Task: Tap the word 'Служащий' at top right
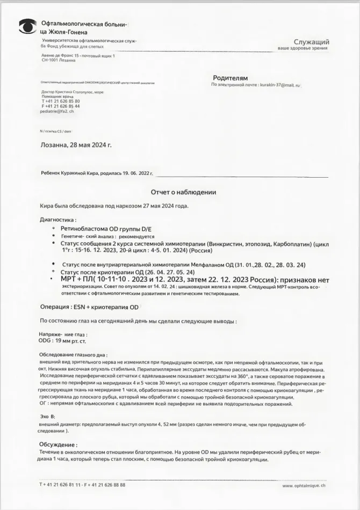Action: [311, 42]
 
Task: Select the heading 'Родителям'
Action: [231, 78]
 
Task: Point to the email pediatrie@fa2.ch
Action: [57, 111]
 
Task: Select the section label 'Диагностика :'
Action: [58, 220]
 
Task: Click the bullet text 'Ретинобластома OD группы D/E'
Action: [106, 229]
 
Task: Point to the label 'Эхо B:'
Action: [48, 417]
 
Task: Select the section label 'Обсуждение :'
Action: [58, 445]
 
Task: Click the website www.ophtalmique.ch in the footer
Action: [304, 485]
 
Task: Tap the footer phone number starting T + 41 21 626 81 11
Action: [82, 484]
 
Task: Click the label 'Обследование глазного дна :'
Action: [74, 355]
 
